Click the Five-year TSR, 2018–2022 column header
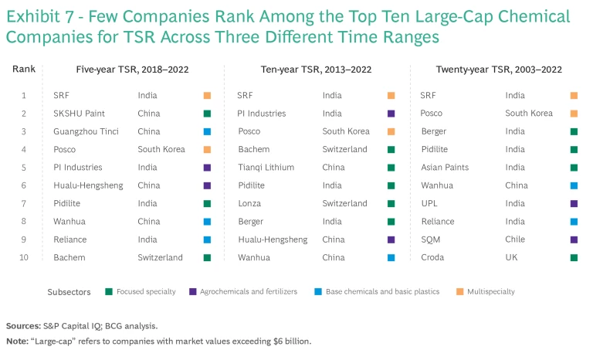[130, 70]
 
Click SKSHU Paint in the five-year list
[79, 114]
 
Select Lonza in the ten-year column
[249, 203]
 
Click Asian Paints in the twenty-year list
[445, 167]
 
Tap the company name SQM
[430, 239]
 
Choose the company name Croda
[432, 257]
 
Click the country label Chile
[516, 239]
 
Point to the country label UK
[511, 257]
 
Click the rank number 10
[24, 257]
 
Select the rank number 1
[24, 96]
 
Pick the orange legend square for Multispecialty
[461, 292]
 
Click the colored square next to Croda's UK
[574, 257]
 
